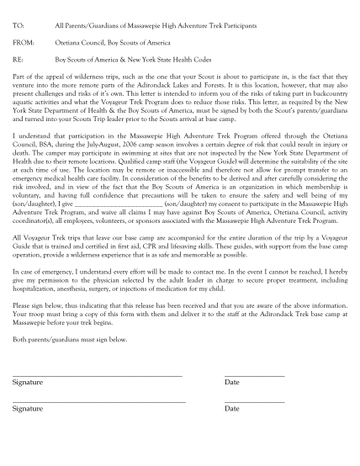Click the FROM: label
(23, 44)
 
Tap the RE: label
(18, 61)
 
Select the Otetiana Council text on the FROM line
(81, 44)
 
